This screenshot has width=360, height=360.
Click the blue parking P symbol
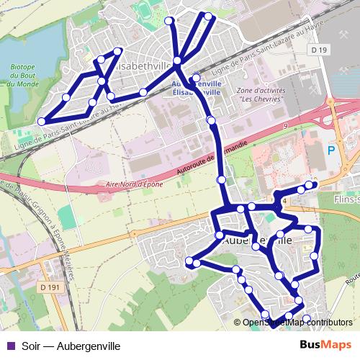[331, 150]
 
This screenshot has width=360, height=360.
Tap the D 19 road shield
[320, 50]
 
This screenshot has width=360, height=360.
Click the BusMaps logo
[325, 345]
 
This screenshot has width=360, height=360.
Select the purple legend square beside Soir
[9, 346]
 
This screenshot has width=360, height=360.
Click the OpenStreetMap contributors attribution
[297, 323]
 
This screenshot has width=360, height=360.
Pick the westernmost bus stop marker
[42, 121]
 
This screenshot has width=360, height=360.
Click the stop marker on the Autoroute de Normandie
[221, 179]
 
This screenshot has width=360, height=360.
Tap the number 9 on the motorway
[285, 126]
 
